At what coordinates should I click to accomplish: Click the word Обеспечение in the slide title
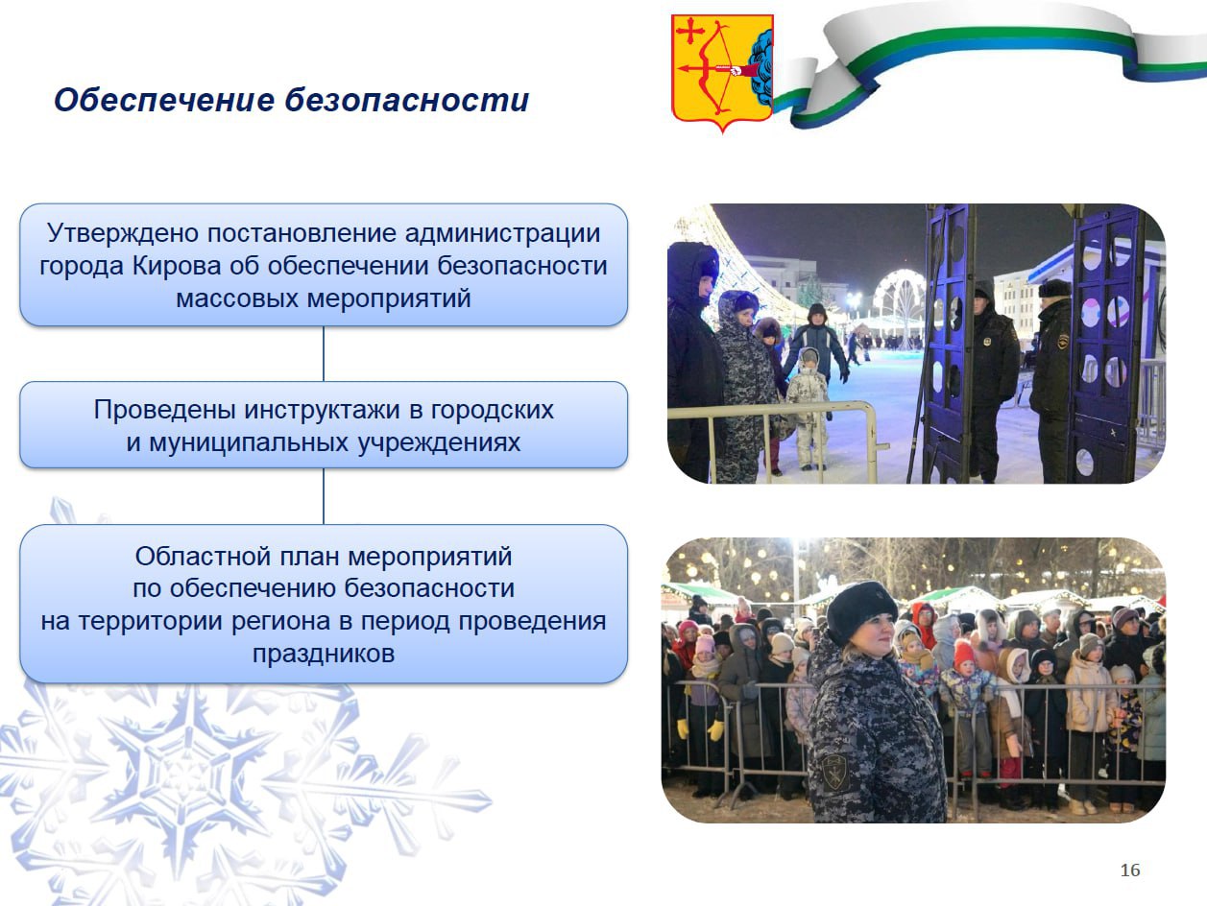pyautogui.click(x=164, y=100)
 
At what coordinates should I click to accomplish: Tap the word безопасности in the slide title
pyautogui.click(x=407, y=100)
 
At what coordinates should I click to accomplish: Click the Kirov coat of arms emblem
pyautogui.click(x=722, y=73)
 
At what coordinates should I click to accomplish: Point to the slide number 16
pyautogui.click(x=1130, y=870)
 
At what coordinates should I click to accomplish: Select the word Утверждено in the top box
pyautogui.click(x=123, y=233)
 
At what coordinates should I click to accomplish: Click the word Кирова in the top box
pyautogui.click(x=177, y=266)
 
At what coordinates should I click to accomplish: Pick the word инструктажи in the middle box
pyautogui.click(x=322, y=410)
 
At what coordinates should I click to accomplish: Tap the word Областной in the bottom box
pyautogui.click(x=204, y=556)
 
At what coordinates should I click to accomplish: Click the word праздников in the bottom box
pyautogui.click(x=324, y=654)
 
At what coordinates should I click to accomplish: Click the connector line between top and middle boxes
pyautogui.click(x=324, y=354)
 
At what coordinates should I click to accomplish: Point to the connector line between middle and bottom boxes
pyautogui.click(x=324, y=496)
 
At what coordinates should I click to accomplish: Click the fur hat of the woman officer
pyautogui.click(x=861, y=608)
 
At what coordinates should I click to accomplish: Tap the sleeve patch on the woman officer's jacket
pyautogui.click(x=835, y=773)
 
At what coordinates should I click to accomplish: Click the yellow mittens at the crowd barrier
pyautogui.click(x=699, y=729)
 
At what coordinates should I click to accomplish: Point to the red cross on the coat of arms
pyautogui.click(x=690, y=32)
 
